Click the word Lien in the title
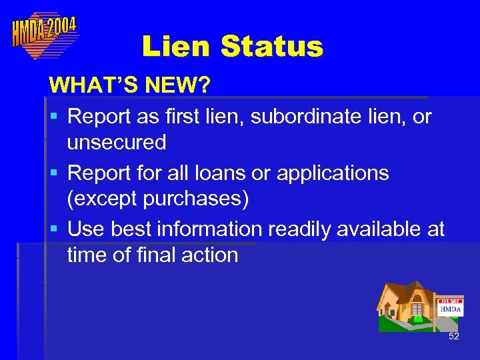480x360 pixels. pyautogui.click(x=176, y=47)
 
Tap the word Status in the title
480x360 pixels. pyautogui.click(x=271, y=47)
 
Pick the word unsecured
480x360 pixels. pyautogui.click(x=117, y=142)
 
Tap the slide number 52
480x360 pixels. pyautogui.click(x=454, y=337)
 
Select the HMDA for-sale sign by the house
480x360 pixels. pyautogui.click(x=451, y=307)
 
